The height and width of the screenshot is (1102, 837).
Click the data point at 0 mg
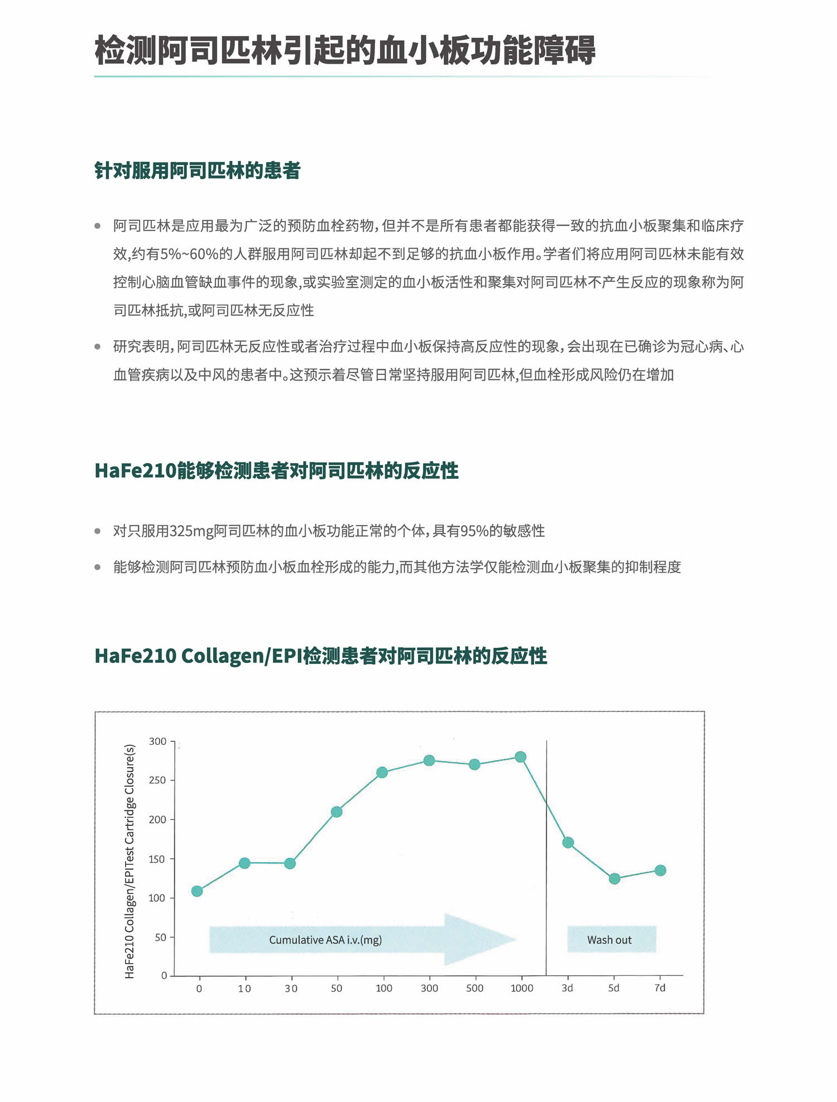coord(197,891)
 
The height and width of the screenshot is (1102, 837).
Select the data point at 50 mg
coord(336,812)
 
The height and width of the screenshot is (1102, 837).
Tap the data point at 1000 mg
coord(521,757)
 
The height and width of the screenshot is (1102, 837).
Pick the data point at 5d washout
coord(614,879)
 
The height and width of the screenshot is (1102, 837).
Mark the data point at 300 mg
coord(429,761)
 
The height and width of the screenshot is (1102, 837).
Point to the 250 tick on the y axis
coord(158,780)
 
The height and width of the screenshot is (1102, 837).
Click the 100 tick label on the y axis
coord(158,898)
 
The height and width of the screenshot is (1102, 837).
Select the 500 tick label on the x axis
coord(475,988)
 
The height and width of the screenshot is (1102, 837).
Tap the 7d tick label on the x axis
coord(660,988)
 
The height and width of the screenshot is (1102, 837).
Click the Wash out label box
coord(612,940)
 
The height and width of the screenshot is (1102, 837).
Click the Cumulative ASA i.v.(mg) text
coord(325,940)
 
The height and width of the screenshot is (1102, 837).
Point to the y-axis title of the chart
coord(129,861)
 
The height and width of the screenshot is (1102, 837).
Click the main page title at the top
coord(345,50)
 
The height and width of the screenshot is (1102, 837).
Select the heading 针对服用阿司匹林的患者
coord(198,171)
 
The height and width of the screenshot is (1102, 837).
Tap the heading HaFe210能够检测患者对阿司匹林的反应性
coord(276,471)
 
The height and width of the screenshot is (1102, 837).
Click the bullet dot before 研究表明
coord(98,347)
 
